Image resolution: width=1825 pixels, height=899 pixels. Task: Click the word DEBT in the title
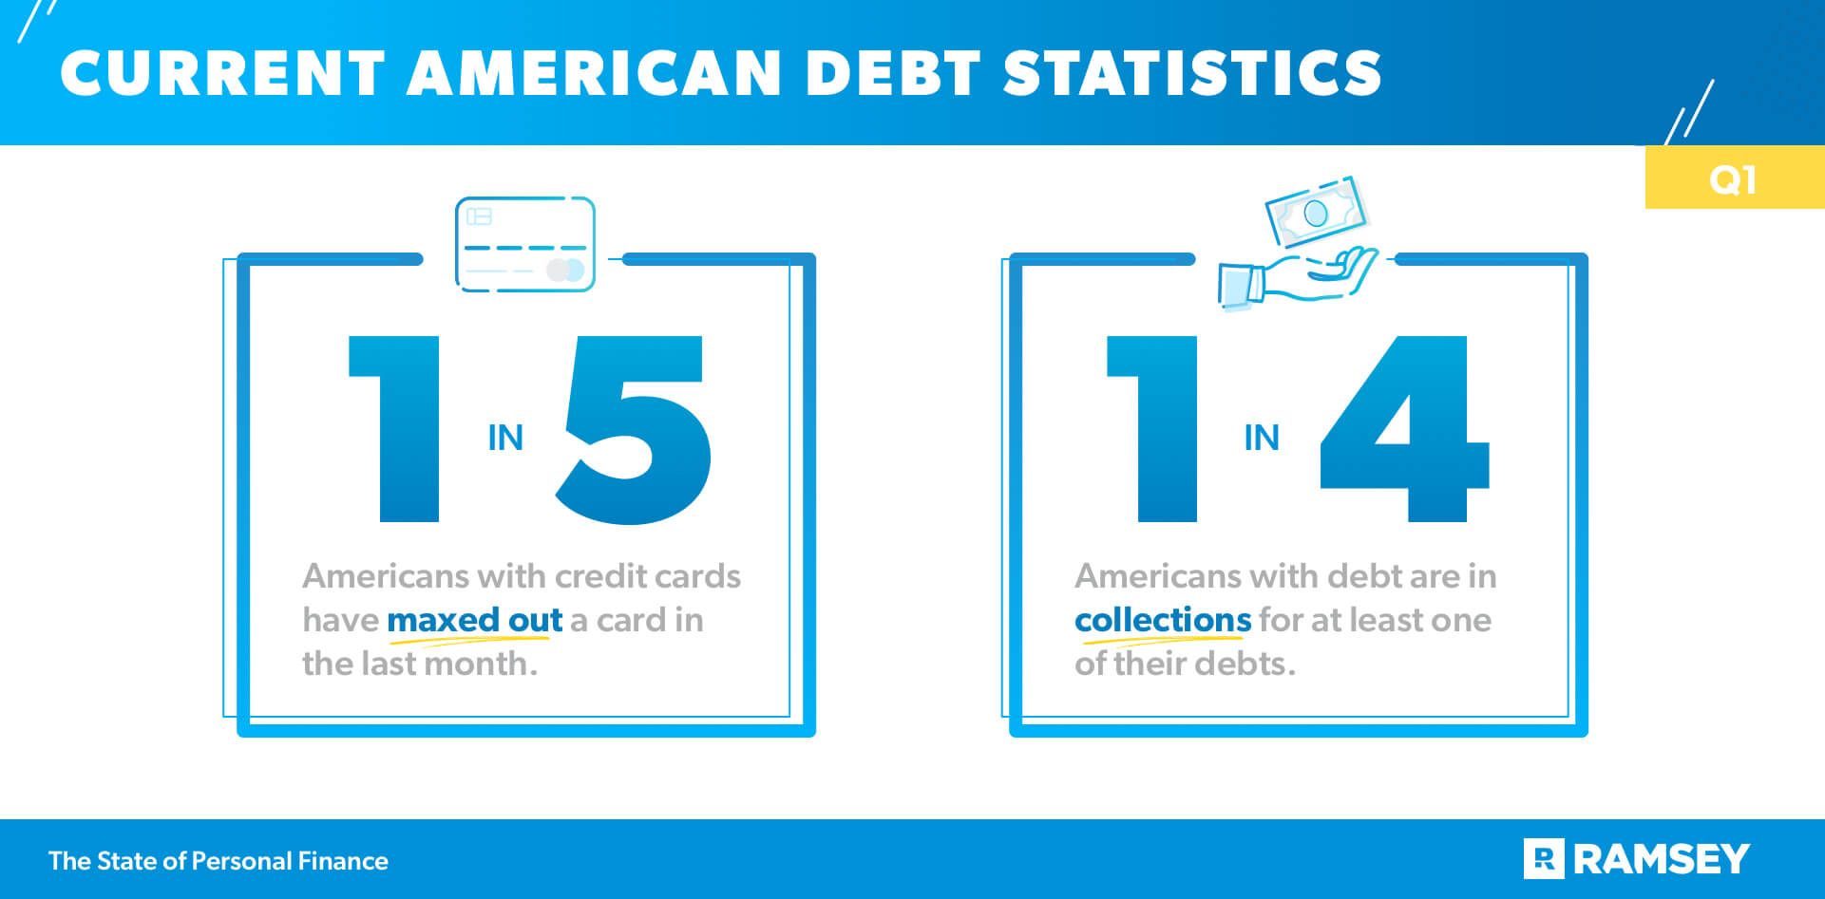tap(892, 73)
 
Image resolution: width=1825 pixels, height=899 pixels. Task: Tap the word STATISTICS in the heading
tap(1192, 73)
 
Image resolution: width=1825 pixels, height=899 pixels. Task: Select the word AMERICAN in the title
tap(594, 73)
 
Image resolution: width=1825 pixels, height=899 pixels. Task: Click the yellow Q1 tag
tap(1733, 178)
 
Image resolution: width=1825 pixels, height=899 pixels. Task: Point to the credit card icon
tap(525, 244)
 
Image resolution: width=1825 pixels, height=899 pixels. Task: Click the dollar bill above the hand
tap(1316, 213)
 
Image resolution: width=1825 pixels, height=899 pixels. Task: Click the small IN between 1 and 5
tap(505, 438)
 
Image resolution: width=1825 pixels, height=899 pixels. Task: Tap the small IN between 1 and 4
tap(1262, 438)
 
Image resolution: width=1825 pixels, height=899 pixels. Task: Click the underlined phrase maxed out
tap(475, 620)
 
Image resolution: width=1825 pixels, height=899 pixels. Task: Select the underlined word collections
tap(1163, 620)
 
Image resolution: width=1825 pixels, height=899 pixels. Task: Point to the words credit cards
tap(647, 576)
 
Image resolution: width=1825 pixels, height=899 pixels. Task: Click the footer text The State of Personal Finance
tap(219, 861)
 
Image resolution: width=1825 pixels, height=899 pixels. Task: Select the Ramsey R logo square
tap(1544, 859)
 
